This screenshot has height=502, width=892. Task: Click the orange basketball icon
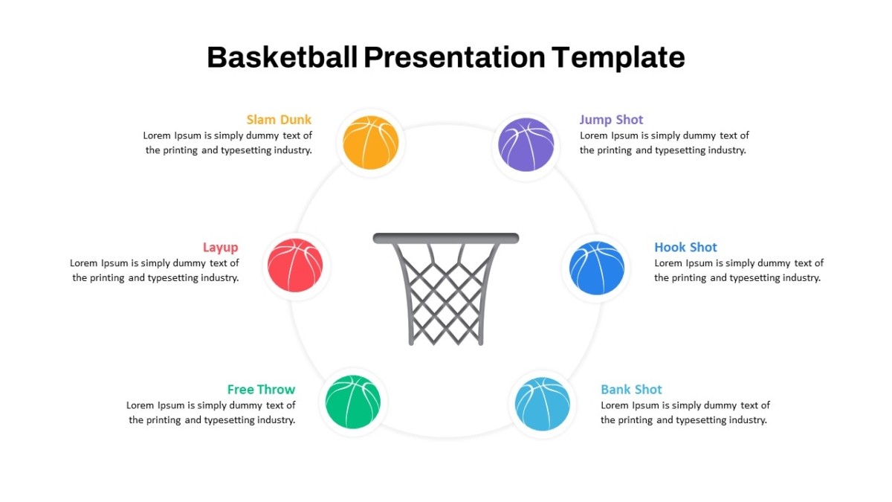click(x=370, y=143)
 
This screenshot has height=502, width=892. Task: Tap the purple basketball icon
click(x=526, y=144)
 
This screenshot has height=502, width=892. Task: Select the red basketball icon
click(x=295, y=266)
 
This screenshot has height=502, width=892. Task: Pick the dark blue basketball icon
click(x=596, y=268)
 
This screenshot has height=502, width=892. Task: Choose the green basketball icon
click(x=353, y=402)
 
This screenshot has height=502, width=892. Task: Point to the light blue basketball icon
click(x=543, y=404)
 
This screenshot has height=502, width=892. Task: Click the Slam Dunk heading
click(x=279, y=120)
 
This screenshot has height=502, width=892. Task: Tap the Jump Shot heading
click(x=611, y=120)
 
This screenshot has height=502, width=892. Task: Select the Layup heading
click(x=221, y=248)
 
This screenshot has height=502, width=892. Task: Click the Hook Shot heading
click(x=685, y=248)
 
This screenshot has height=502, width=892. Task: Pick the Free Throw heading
click(x=261, y=389)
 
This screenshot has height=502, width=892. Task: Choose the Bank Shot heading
click(x=631, y=389)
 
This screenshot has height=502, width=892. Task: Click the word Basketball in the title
click(x=282, y=57)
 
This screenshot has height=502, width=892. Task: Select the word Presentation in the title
click(x=454, y=57)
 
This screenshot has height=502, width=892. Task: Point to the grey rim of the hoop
click(x=446, y=238)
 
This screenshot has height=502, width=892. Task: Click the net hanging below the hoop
click(x=446, y=294)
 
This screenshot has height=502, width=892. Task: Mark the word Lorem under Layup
click(x=83, y=263)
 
